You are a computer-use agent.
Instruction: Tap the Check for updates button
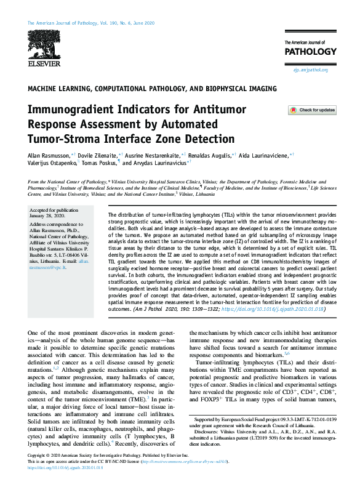(313, 110)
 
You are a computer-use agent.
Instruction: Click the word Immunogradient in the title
(76, 110)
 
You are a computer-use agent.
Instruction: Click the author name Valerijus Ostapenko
(55, 164)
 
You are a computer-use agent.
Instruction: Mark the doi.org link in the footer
(68, 476)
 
